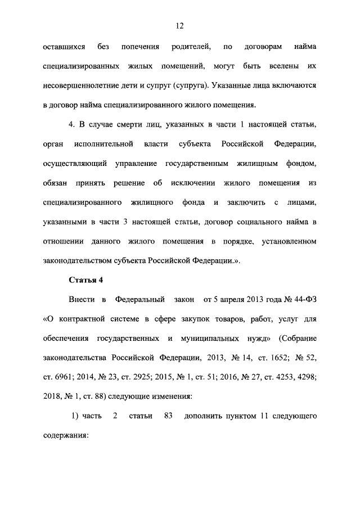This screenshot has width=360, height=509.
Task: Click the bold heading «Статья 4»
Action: pos(85,280)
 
